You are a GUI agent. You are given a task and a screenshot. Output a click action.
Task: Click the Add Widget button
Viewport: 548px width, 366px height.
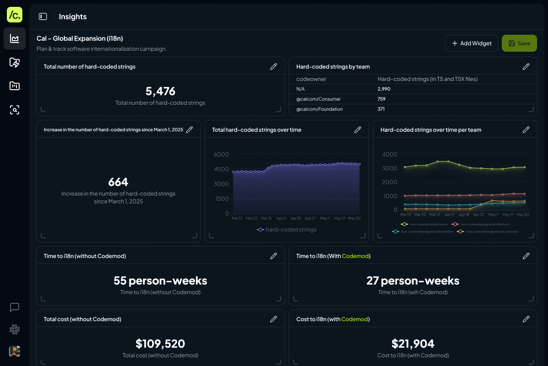click(x=471, y=43)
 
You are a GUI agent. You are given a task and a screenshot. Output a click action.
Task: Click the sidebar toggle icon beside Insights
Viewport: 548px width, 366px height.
click(x=43, y=16)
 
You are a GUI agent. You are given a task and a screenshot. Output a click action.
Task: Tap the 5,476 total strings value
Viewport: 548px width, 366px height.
click(x=160, y=91)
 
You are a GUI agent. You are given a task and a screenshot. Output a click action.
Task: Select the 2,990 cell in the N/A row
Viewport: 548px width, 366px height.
click(x=384, y=89)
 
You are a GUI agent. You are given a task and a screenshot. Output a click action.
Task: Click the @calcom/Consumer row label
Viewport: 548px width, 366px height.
click(x=318, y=99)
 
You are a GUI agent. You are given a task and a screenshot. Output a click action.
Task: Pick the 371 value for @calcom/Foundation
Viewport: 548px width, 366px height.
click(x=381, y=109)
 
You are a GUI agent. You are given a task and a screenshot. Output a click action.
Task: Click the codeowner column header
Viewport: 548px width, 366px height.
click(x=311, y=79)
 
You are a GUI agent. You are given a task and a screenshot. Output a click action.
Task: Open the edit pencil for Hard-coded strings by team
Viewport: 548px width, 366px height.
click(x=526, y=67)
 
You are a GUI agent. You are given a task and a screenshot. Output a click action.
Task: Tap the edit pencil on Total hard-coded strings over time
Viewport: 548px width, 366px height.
click(x=358, y=130)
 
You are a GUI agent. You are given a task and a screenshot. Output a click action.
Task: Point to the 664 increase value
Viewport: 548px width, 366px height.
click(x=118, y=182)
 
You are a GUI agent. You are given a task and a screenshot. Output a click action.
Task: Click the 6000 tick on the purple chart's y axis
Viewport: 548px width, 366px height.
click(x=221, y=155)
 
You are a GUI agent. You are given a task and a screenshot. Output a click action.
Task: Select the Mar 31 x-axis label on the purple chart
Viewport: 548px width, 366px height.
click(x=266, y=219)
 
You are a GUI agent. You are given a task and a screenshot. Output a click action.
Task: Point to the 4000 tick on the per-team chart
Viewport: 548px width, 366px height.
click(x=390, y=155)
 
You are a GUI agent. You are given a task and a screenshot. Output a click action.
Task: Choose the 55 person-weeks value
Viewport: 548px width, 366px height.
click(x=160, y=280)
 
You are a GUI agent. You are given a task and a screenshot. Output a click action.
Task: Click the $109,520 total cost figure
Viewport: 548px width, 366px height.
click(x=160, y=344)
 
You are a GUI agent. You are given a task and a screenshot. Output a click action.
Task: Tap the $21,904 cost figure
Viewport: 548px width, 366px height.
click(x=413, y=344)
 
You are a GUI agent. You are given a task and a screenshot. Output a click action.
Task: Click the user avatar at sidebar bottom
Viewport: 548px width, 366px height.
click(x=15, y=351)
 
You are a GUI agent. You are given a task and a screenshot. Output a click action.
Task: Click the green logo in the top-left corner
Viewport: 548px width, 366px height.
click(x=15, y=15)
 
